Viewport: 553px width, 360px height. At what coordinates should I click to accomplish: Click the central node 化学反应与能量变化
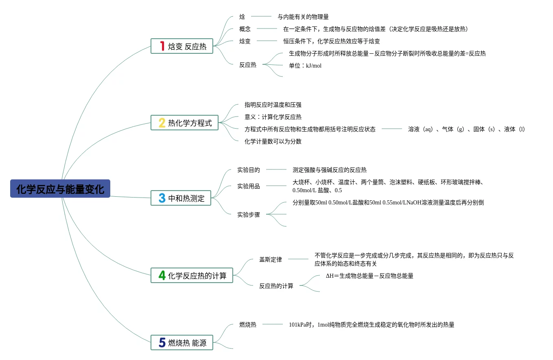(x=60, y=189)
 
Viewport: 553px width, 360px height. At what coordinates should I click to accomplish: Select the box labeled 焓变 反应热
(x=182, y=46)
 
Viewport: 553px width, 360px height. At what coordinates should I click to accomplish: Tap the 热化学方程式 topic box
(x=184, y=123)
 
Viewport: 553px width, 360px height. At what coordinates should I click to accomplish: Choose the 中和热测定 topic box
(x=181, y=198)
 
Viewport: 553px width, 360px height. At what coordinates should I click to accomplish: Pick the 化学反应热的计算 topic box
(x=192, y=276)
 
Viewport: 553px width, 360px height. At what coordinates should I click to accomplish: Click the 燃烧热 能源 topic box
(x=182, y=342)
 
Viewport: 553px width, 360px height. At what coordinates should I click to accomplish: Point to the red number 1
(x=162, y=46)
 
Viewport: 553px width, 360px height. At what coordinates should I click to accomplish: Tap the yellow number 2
(x=162, y=123)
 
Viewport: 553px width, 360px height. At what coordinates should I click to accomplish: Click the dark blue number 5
(x=162, y=342)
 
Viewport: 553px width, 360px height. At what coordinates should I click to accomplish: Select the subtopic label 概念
(x=245, y=29)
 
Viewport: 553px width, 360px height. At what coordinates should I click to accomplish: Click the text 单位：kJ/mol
(x=305, y=65)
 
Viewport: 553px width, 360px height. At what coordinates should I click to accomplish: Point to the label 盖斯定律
(x=271, y=259)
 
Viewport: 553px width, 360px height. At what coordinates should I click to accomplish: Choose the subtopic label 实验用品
(x=249, y=186)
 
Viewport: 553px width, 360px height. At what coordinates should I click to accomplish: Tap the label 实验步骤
(x=249, y=215)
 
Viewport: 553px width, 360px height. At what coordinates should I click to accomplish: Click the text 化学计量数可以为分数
(x=273, y=141)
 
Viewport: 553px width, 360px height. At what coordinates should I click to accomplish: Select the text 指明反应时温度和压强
(x=273, y=105)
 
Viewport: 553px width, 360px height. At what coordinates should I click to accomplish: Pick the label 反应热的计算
(x=276, y=286)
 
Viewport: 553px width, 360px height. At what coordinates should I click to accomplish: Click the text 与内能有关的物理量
(x=303, y=17)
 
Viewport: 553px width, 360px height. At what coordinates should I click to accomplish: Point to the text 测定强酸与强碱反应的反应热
(x=330, y=170)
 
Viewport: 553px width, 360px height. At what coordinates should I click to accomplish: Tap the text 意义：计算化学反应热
(x=273, y=117)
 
